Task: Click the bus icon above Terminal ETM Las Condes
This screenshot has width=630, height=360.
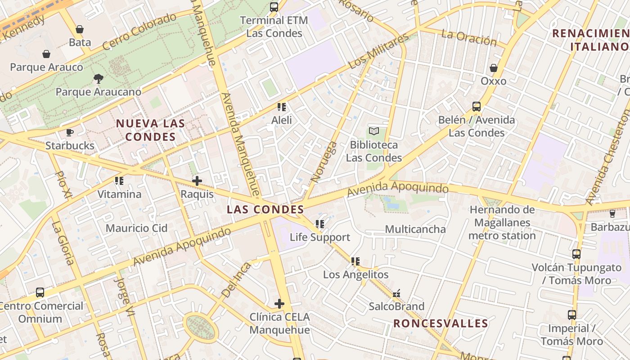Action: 274,7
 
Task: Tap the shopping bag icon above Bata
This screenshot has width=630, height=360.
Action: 80,29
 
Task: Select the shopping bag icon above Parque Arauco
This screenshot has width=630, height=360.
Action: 46,54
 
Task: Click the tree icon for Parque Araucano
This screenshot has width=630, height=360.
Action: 98,79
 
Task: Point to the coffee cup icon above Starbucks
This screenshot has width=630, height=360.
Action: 70,132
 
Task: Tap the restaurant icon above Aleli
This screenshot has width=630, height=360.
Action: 282,107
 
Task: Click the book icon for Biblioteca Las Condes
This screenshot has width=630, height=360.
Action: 374,131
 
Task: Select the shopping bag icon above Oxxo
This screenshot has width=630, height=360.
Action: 494,68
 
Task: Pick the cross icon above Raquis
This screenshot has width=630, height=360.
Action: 197,181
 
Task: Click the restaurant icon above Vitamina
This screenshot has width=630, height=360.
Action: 119,181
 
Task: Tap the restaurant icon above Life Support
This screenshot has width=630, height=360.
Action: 320,224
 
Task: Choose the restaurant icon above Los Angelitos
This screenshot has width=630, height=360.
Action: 355,261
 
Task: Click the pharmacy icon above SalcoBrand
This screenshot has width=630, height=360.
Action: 396,294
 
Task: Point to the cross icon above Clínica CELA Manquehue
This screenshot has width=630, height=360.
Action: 279,304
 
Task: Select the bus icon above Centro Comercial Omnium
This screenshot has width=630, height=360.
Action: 40,292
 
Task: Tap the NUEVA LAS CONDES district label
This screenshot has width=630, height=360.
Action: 150,130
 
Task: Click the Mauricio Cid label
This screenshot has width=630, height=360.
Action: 136,228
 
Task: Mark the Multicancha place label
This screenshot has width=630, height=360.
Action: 415,229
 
